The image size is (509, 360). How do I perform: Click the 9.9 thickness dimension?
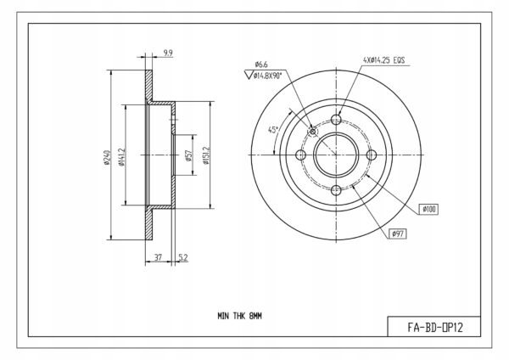168,53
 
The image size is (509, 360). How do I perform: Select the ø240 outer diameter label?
107,157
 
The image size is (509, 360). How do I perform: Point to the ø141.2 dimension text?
121,157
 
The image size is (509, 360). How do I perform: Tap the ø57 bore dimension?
188,155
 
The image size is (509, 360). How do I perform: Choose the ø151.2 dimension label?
206,155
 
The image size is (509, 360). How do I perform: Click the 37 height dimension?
158,257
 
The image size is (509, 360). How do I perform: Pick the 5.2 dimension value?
183,257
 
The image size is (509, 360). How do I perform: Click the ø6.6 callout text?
261,65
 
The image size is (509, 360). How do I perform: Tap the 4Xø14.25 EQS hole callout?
383,60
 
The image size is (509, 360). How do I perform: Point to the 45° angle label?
273,130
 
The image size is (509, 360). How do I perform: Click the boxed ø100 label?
428,210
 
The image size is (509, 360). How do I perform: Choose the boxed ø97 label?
398,233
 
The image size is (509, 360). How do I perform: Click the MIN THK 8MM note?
239,316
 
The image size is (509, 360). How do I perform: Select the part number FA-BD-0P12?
435,328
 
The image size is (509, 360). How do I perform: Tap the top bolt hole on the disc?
336,120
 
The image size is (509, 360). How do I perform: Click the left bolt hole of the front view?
301,155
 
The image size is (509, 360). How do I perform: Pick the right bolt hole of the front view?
372,155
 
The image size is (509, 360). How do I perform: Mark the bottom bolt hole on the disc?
336,189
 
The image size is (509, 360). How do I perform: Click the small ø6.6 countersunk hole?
312,132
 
